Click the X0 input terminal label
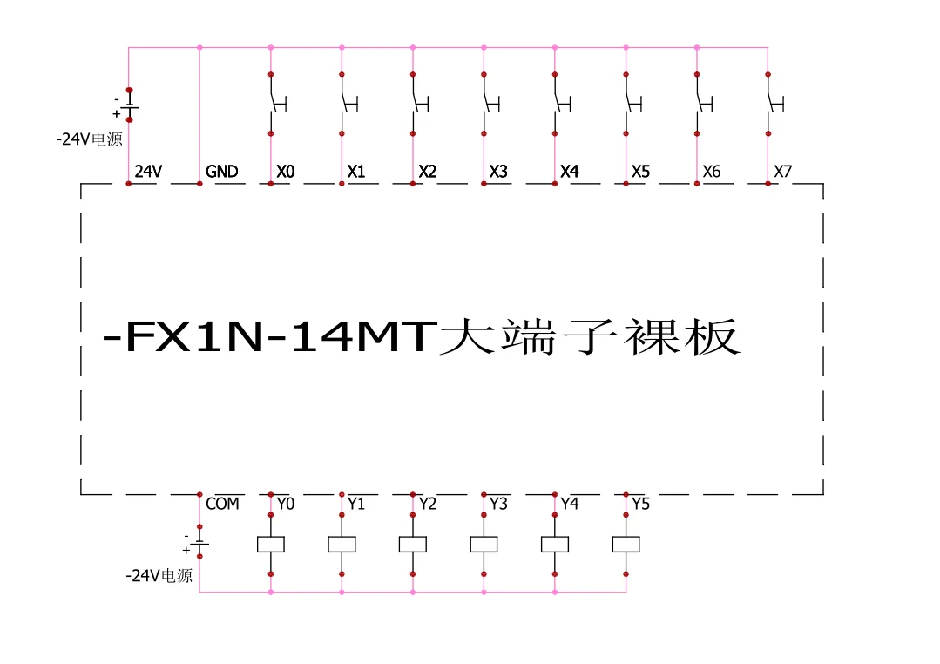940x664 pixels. coord(286,172)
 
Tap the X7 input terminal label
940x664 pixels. coord(783,172)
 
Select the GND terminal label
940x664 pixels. coord(222,172)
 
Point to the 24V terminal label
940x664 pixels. coord(148,172)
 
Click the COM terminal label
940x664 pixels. coord(222,504)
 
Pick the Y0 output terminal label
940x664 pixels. coord(286,504)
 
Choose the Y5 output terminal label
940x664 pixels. coord(640,504)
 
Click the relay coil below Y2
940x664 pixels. coord(412,544)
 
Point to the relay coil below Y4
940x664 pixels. coord(555,544)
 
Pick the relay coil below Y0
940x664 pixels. coord(270,544)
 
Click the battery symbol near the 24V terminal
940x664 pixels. coord(129,105)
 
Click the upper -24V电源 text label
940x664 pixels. coord(90,139)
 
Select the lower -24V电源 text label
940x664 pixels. coord(159,576)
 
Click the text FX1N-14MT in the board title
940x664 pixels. coord(270,338)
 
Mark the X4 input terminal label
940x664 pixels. coord(570,172)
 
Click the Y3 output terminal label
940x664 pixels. coord(498,504)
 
